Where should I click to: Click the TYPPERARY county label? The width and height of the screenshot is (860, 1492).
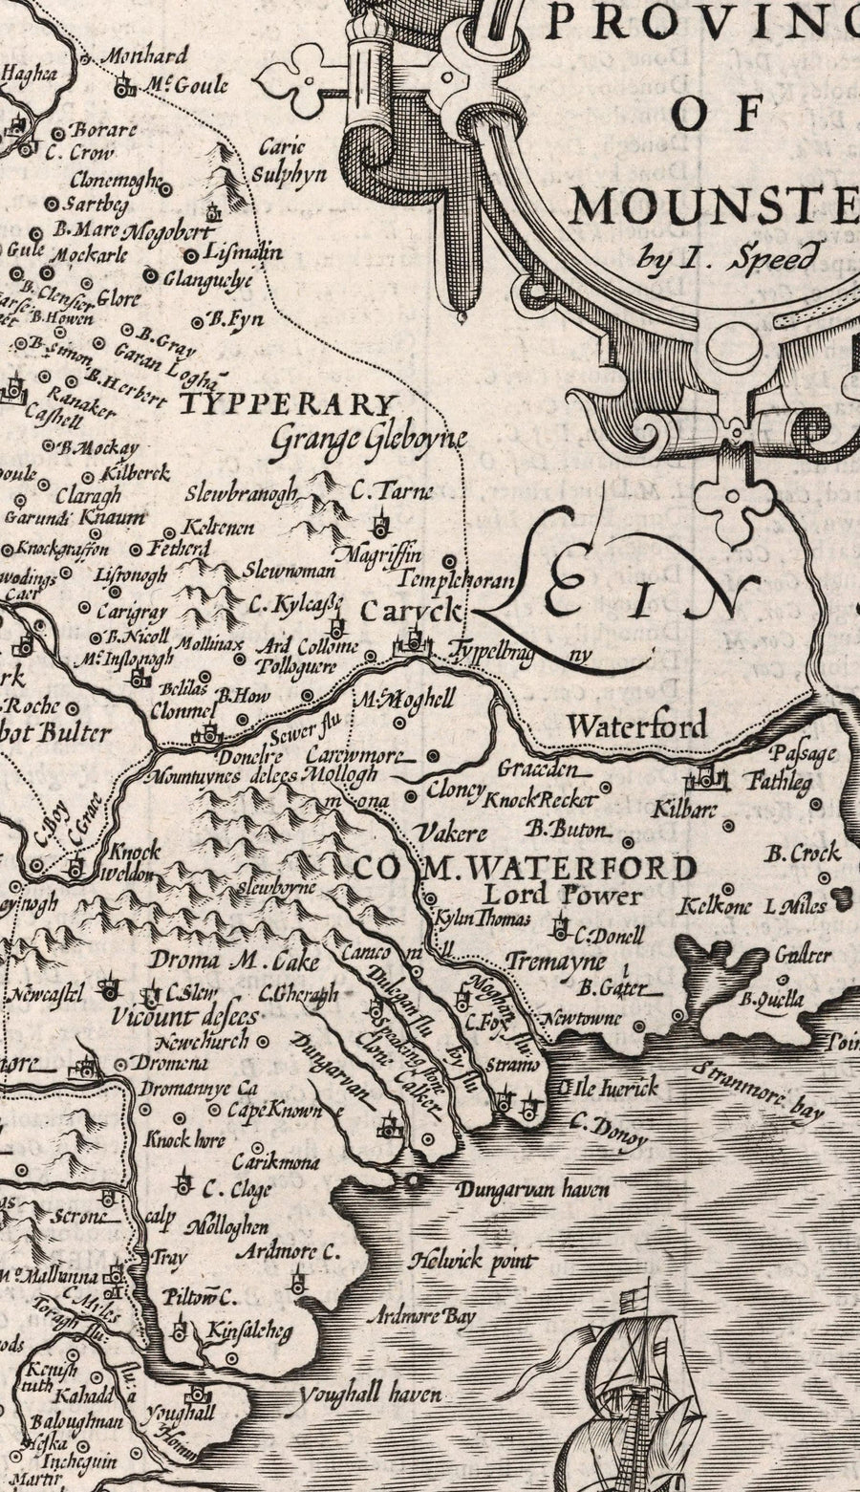(288, 404)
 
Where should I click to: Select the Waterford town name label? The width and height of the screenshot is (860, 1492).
(637, 725)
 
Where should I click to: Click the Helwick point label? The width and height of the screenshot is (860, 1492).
(472, 1262)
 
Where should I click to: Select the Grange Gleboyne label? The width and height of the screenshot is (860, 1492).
(368, 439)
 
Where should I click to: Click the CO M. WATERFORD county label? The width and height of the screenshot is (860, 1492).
(525, 868)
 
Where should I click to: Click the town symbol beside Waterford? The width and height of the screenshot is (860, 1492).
(712, 778)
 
